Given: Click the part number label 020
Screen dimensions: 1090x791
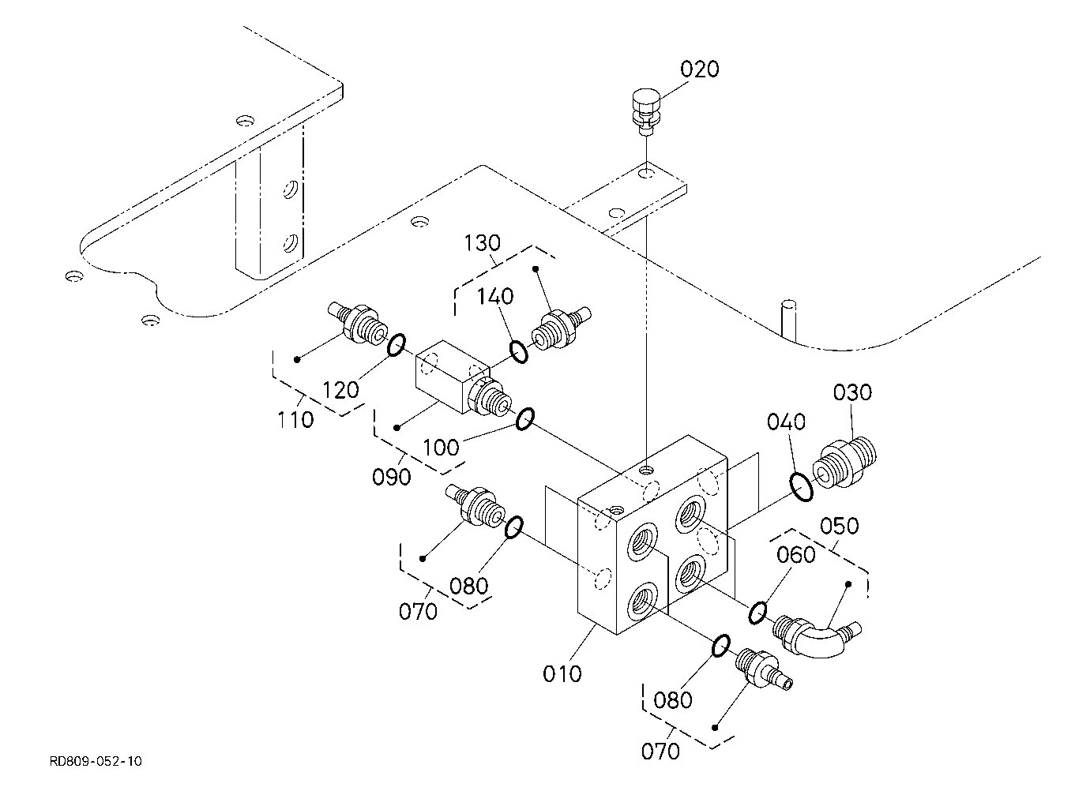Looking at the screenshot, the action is [x=699, y=70].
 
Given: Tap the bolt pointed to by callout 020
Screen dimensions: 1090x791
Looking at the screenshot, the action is [x=646, y=113].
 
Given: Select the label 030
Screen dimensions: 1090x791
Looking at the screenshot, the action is [x=852, y=392].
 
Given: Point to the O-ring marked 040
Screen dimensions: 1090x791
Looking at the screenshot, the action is [x=801, y=487].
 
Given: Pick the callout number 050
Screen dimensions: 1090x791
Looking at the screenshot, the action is [x=840, y=527].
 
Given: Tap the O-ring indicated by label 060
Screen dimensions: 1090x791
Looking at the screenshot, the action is [x=757, y=613].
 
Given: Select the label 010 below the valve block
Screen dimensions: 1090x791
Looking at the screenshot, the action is [x=562, y=674].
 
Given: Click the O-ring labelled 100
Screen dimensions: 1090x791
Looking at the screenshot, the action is [x=525, y=419].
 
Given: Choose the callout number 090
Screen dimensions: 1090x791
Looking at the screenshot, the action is [x=391, y=478].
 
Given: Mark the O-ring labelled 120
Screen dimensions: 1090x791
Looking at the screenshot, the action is [x=396, y=345].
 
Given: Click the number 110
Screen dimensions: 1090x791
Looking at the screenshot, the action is [x=295, y=420].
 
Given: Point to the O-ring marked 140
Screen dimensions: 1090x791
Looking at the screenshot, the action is [x=519, y=352].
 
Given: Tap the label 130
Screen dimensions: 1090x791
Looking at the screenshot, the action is [x=482, y=243].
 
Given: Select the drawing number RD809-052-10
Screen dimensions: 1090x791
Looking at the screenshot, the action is [x=96, y=761].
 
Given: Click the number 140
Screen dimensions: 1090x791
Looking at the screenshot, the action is [x=495, y=296].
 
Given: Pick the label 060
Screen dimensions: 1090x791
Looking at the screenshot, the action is [x=795, y=555].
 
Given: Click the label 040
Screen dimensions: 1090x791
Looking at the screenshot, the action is [x=786, y=422].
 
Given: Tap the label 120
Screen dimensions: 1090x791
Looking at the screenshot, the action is [x=340, y=390].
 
